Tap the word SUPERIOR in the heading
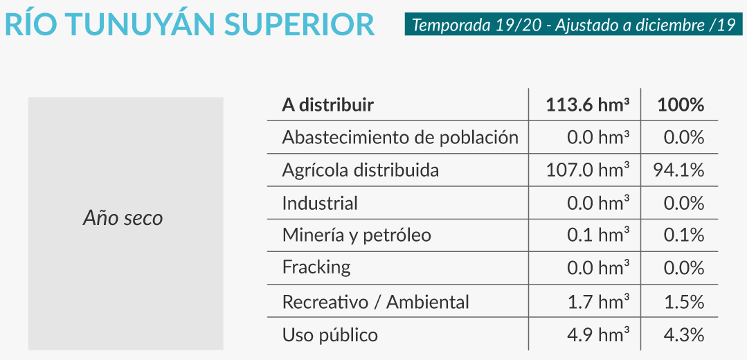300,25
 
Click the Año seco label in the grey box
123,218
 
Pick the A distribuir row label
327,105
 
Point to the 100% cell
681,105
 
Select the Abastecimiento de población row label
400,138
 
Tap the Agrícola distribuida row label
360,170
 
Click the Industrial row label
320,204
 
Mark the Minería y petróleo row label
357,235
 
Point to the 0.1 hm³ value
598,235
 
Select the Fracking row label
316,268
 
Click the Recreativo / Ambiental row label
376,302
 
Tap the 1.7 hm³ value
598,302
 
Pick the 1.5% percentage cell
684,302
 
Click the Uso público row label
330,335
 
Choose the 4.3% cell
684,335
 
